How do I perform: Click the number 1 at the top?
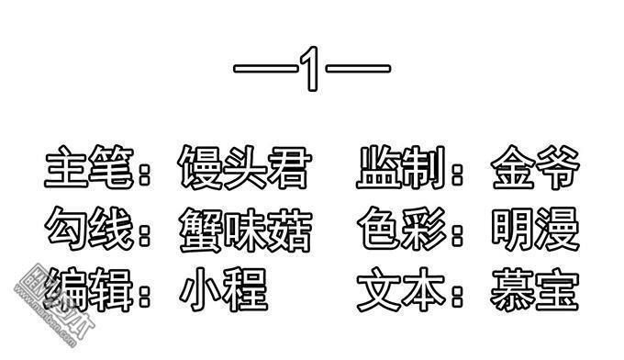click(312, 70)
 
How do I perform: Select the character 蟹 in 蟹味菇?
click(200, 229)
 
